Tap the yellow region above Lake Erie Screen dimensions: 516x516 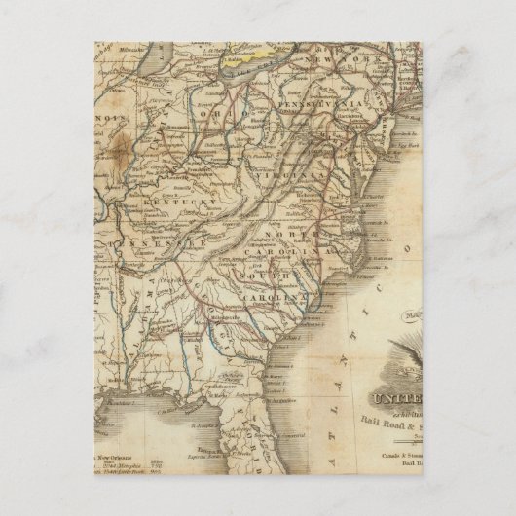pos(249,64)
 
